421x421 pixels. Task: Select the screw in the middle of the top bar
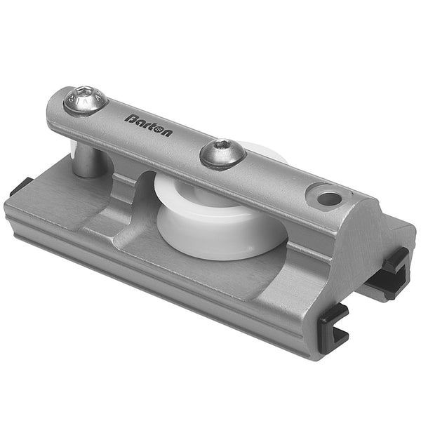[x=223, y=152]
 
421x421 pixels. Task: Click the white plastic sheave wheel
[x=210, y=225]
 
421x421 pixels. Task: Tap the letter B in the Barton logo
[x=131, y=118]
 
